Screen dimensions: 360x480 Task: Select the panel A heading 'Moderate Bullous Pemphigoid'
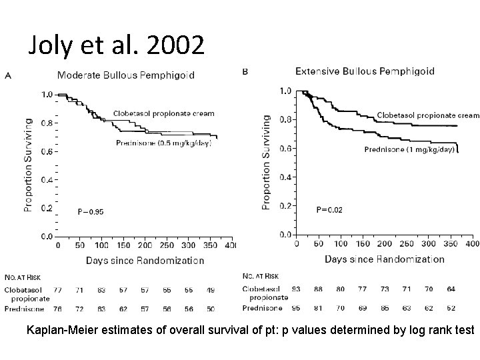tap(126, 75)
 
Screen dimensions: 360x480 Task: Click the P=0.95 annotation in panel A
tap(90, 211)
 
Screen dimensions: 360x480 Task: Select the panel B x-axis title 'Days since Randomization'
tap(385, 259)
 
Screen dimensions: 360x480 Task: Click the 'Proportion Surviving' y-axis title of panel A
tap(28, 165)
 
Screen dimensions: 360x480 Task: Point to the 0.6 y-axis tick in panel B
tap(285, 148)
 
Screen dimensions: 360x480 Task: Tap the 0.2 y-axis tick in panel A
tap(47, 208)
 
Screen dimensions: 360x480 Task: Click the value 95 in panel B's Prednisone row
tap(296, 309)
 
